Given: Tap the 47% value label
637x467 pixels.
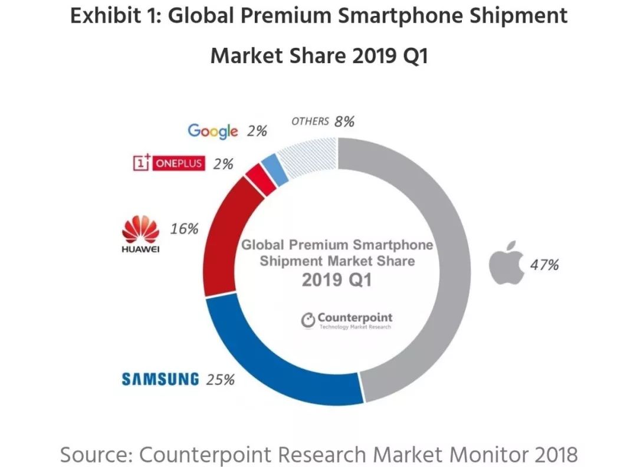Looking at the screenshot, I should coord(543,265).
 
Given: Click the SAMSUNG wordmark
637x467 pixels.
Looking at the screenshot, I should coord(160,379).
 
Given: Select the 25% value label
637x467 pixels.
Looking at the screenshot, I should coord(221,379).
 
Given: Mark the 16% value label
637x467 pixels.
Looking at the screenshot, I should coord(184,229).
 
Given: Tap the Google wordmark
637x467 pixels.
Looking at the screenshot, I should coord(212,131).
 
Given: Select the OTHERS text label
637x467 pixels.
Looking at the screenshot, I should coord(310,121).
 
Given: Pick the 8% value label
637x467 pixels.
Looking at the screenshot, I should coord(344,121).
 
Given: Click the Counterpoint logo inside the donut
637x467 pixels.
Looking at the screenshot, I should coord(347,320).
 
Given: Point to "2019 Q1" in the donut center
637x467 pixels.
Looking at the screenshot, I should coord(337,279).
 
